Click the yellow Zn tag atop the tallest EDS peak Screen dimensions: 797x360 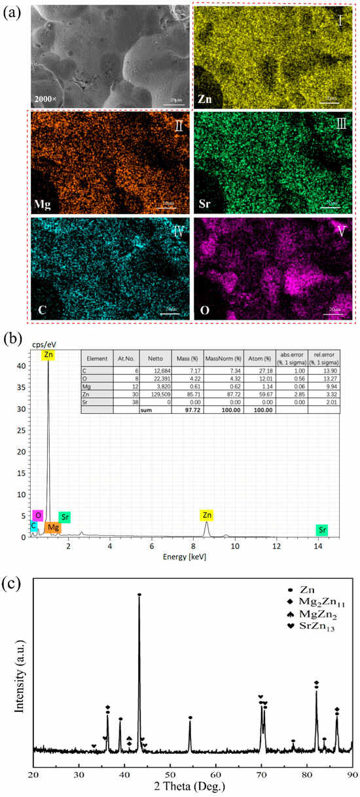[48, 355]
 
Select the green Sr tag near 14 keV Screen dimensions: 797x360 [322, 529]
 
